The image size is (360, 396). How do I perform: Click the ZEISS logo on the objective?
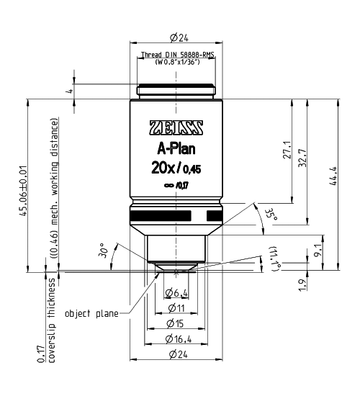click(176, 127)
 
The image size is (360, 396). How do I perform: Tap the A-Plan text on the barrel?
click(176, 149)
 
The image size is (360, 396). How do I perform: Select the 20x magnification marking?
click(163, 168)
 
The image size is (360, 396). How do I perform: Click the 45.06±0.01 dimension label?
click(23, 191)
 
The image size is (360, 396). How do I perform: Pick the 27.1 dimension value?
click(287, 150)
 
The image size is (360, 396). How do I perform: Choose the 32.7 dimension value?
click(302, 158)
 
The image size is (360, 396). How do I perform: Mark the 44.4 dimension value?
click(333, 176)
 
